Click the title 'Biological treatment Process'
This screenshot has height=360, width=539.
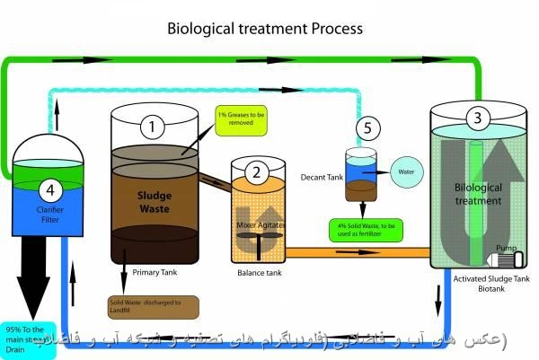[x=265, y=28]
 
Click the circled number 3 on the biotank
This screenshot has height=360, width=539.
[x=477, y=118]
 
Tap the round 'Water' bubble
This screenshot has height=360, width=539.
[x=404, y=167]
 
